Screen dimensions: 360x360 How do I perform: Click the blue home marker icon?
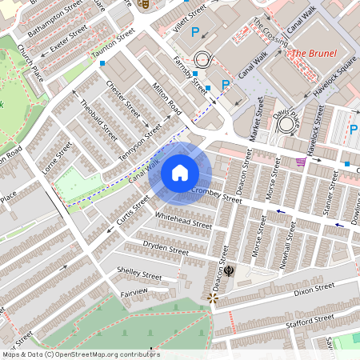[x=180, y=173]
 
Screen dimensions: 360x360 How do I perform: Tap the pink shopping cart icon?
[x=301, y=162]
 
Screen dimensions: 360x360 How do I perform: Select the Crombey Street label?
[x=216, y=194]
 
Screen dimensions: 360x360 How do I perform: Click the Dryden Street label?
[x=166, y=247]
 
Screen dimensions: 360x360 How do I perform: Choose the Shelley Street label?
[x=139, y=274]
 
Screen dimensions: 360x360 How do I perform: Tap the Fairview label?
[x=134, y=293]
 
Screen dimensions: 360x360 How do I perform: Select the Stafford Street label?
[x=307, y=322]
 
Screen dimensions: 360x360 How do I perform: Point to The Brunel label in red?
[x=313, y=54]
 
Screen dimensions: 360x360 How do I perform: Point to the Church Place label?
[x=31, y=62]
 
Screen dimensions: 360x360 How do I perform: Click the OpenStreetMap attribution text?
[x=80, y=354]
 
